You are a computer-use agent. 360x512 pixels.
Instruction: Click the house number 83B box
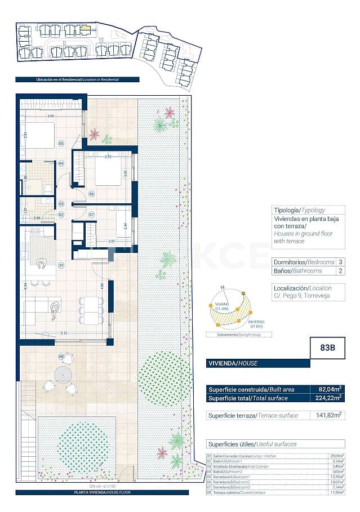click(x=328, y=348)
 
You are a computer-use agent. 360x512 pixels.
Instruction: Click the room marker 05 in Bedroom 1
click(x=60, y=144)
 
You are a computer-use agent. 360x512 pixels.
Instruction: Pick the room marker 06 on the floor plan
click(x=91, y=194)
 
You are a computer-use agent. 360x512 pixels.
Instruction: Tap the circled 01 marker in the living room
click(x=60, y=264)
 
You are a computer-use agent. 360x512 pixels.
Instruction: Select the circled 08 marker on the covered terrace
click(x=61, y=357)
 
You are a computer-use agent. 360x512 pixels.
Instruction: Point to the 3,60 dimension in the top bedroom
click(x=50, y=116)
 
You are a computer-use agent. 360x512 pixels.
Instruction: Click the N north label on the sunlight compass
click(x=223, y=288)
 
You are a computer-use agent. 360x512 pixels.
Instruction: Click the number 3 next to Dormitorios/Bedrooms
click(x=340, y=262)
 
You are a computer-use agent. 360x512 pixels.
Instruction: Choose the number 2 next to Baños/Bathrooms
click(x=340, y=271)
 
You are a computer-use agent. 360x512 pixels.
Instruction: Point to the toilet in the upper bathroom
click(x=48, y=187)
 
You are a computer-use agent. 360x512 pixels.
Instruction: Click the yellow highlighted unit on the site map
click(x=85, y=27)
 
